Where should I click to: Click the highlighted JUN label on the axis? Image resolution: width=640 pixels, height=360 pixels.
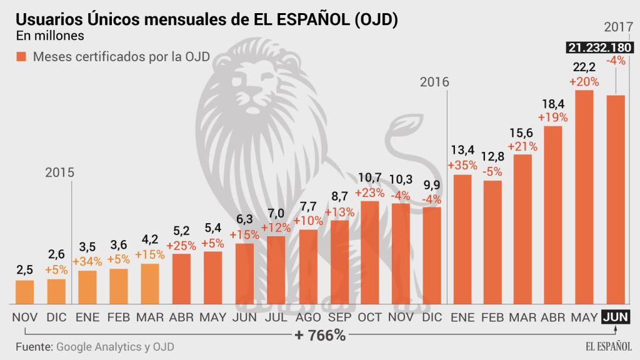point(616,317)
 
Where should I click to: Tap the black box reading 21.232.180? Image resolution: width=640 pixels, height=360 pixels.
point(598,47)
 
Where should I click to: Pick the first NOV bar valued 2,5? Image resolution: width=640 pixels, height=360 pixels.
point(24,292)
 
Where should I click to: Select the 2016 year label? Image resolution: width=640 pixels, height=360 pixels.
point(435,82)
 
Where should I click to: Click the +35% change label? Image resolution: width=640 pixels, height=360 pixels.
point(462,166)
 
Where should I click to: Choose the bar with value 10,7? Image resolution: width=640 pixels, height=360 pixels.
point(370,252)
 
